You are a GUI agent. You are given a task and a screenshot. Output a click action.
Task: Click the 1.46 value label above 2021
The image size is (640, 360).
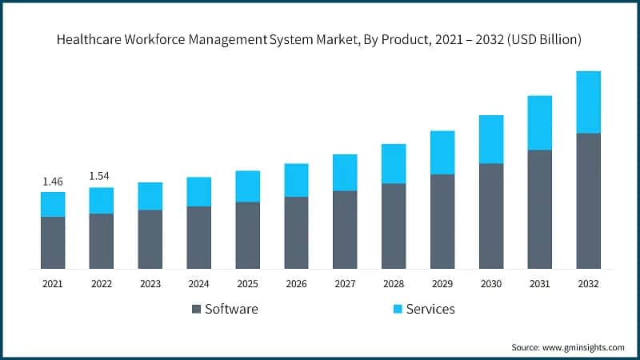[53, 182]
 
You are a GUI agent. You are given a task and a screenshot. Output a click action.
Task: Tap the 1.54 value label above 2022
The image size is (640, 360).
[101, 176]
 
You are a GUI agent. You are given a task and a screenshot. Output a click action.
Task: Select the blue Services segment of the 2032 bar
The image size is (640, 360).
[588, 102]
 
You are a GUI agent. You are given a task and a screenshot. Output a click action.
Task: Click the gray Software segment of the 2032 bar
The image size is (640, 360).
[588, 200]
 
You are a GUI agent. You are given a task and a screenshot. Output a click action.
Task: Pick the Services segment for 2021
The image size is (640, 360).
[53, 204]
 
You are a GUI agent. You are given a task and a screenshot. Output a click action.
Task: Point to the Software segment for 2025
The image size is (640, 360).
[247, 234]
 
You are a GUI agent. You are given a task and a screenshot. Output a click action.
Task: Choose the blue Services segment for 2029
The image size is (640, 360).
[442, 152]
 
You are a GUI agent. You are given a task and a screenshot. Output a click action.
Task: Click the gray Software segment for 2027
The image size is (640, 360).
[345, 229]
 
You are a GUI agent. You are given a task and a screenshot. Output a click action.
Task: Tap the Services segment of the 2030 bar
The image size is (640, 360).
[491, 139]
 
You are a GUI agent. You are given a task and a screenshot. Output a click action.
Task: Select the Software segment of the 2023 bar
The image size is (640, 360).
[150, 238]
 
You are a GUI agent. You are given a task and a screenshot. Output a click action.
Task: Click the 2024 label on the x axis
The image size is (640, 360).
[198, 284]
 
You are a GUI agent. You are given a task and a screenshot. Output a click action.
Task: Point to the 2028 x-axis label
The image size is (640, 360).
[394, 284]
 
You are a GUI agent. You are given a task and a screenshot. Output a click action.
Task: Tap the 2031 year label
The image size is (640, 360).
[539, 284]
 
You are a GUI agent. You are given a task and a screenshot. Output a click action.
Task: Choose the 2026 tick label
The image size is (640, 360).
[296, 284]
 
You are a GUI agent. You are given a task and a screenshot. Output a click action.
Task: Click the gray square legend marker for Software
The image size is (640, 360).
[196, 309]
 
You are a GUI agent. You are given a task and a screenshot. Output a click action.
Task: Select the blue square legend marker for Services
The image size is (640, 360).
[397, 309]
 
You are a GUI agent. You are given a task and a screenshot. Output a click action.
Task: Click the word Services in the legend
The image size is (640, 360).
[430, 309]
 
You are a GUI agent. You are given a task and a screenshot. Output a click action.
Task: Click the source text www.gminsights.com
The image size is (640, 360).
[585, 347]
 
